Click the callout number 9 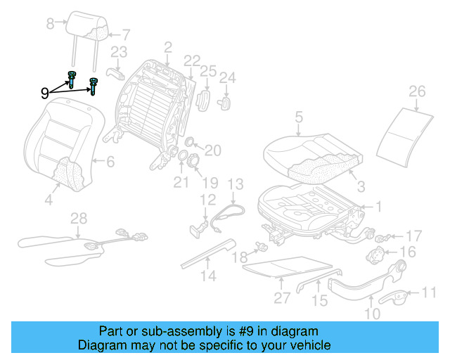pos(45,92)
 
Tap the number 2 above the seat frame pos(168,48)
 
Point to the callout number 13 pos(235,185)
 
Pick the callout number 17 pos(414,236)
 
